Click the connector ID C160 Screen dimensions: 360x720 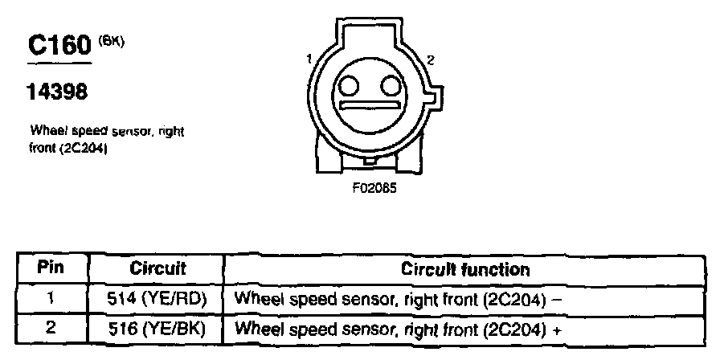59,45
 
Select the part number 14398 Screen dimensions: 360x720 57,92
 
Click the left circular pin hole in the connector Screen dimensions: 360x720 349,85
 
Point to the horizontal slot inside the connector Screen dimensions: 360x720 370,104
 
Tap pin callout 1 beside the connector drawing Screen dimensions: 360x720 309,59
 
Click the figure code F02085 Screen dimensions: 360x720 370,191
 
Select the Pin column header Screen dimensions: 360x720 50,268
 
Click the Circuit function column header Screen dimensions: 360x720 465,269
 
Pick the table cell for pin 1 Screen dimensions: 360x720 50,298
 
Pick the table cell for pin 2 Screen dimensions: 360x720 50,328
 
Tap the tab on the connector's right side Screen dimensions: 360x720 433,98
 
